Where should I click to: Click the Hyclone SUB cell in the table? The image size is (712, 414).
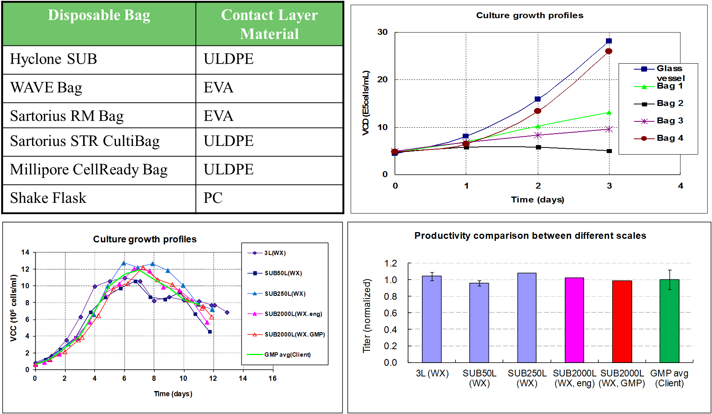tap(53, 59)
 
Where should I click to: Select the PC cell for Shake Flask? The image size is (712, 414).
tap(213, 198)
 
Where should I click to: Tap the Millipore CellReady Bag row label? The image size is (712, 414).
tap(89, 170)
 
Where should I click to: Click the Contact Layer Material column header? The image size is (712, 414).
tap(269, 24)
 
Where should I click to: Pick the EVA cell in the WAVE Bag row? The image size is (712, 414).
tap(218, 88)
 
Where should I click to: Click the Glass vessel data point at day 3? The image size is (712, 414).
tap(609, 41)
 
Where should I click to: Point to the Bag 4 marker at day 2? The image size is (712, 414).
tap(537, 111)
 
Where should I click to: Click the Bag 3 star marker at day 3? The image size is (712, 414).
tap(609, 129)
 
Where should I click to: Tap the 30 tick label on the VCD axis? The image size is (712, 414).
tap(382, 32)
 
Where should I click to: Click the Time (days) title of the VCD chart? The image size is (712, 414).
tap(537, 200)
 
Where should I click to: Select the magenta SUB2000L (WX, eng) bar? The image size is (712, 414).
tap(574, 320)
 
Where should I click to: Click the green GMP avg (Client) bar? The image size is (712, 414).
tap(669, 321)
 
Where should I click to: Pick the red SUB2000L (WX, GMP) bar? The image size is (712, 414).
tap(622, 321)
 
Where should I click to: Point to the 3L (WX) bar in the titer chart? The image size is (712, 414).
tap(432, 319)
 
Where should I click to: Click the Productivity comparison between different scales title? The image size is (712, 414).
tap(530, 236)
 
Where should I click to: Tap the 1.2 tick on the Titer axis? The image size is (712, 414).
tap(390, 263)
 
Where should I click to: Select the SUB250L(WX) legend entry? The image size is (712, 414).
tap(285, 294)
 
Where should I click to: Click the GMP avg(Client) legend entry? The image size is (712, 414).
tap(287, 355)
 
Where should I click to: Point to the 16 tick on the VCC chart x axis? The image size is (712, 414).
tap(272, 378)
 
